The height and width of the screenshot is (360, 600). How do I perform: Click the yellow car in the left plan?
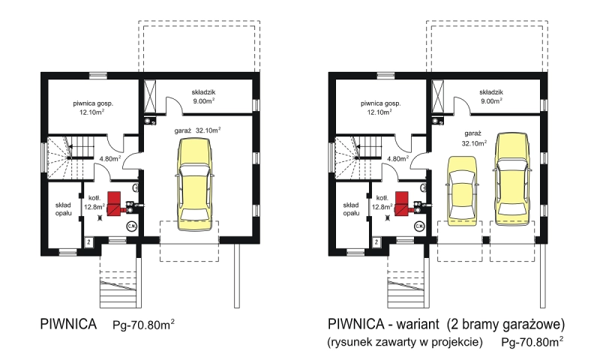coord(194,184)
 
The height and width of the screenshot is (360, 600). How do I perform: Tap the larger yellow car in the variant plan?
coord(512,179)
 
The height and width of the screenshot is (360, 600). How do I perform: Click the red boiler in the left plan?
coord(115,203)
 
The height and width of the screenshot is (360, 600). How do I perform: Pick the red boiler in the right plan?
coord(402,203)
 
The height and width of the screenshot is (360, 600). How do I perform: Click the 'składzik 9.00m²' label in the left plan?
coord(203,97)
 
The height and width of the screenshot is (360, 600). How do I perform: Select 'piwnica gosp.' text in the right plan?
coord(381,103)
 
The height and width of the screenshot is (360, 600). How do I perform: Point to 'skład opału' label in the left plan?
coord(64,209)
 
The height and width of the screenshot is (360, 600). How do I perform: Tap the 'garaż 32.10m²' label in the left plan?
coord(197,130)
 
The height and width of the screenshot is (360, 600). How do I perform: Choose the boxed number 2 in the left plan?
coord(88,241)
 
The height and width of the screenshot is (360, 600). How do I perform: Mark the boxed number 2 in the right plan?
coord(376,241)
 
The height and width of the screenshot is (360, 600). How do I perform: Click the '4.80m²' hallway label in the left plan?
coord(110,158)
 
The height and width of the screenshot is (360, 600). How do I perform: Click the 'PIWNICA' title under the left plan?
coord(68,324)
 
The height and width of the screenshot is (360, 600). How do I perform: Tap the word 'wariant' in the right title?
coord(418,324)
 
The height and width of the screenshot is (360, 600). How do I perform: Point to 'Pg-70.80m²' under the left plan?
coord(144,325)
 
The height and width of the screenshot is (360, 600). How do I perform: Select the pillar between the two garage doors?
coord(485,240)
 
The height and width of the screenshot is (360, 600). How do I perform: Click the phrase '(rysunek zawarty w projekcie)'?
coord(405,342)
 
